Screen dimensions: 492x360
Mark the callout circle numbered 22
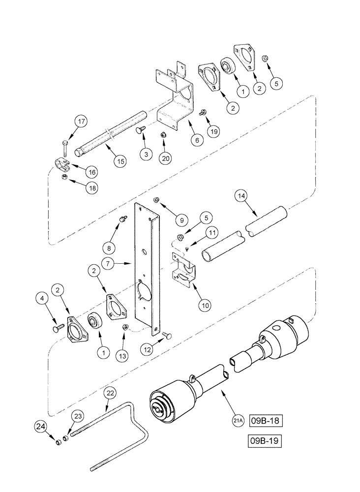(x=110, y=394)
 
